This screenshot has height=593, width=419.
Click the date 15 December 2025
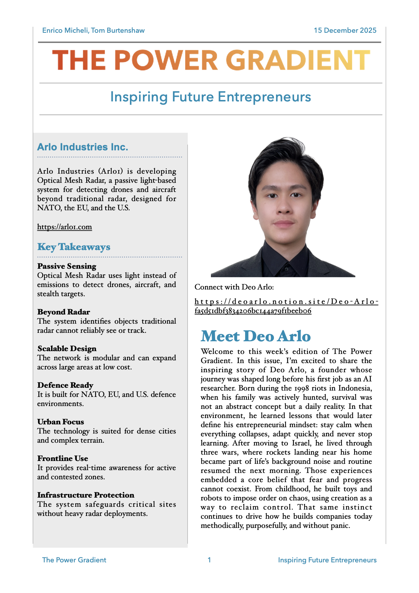click(x=345, y=30)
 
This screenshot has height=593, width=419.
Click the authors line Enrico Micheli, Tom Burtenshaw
click(x=93, y=30)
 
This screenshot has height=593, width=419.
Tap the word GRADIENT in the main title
click(x=298, y=60)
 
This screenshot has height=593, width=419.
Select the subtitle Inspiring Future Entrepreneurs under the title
click(x=211, y=97)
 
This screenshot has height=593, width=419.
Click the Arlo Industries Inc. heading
click(x=83, y=147)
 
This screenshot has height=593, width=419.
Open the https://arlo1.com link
click(x=64, y=227)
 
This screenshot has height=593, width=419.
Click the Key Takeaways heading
click(x=74, y=247)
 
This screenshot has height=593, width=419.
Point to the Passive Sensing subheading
click(x=67, y=266)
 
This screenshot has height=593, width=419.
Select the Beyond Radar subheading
click(x=64, y=312)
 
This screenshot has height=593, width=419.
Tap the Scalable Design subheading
click(x=67, y=349)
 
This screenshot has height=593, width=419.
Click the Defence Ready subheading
click(x=65, y=385)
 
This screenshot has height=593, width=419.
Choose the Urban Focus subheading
click(x=61, y=422)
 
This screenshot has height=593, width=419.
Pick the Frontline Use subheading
click(x=63, y=458)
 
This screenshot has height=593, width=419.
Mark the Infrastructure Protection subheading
click(x=86, y=495)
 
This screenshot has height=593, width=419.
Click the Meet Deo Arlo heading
click(x=256, y=336)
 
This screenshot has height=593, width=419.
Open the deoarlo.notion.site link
click(x=286, y=306)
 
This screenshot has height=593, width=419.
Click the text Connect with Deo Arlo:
click(x=234, y=287)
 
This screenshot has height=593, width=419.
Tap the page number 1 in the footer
click(x=209, y=560)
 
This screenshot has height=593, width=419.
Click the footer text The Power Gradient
click(x=74, y=560)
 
